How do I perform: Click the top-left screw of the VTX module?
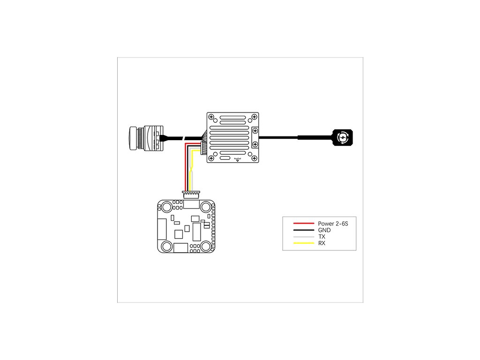[211, 116]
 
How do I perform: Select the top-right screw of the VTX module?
[255, 116]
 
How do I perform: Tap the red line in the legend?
[303, 224]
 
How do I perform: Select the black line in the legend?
[303, 230]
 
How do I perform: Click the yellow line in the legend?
[303, 243]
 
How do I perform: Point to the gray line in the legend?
[303, 237]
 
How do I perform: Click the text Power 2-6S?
[333, 224]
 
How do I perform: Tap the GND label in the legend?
[324, 231]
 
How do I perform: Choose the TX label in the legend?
[322, 237]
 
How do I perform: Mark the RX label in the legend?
[322, 244]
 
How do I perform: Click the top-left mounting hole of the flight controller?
[166, 207]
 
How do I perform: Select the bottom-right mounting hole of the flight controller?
[206, 246]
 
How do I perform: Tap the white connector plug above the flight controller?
[189, 193]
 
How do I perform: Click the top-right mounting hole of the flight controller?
[206, 207]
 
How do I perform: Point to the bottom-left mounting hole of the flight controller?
[166, 246]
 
